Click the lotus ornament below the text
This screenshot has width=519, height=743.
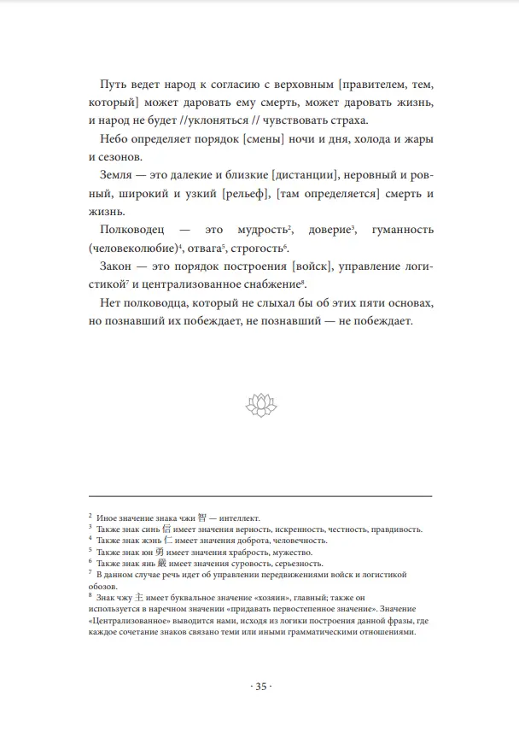click(x=259, y=405)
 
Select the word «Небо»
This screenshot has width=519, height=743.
click(x=116, y=138)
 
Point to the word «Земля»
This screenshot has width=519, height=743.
click(x=118, y=176)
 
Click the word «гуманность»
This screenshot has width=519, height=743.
click(x=397, y=231)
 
